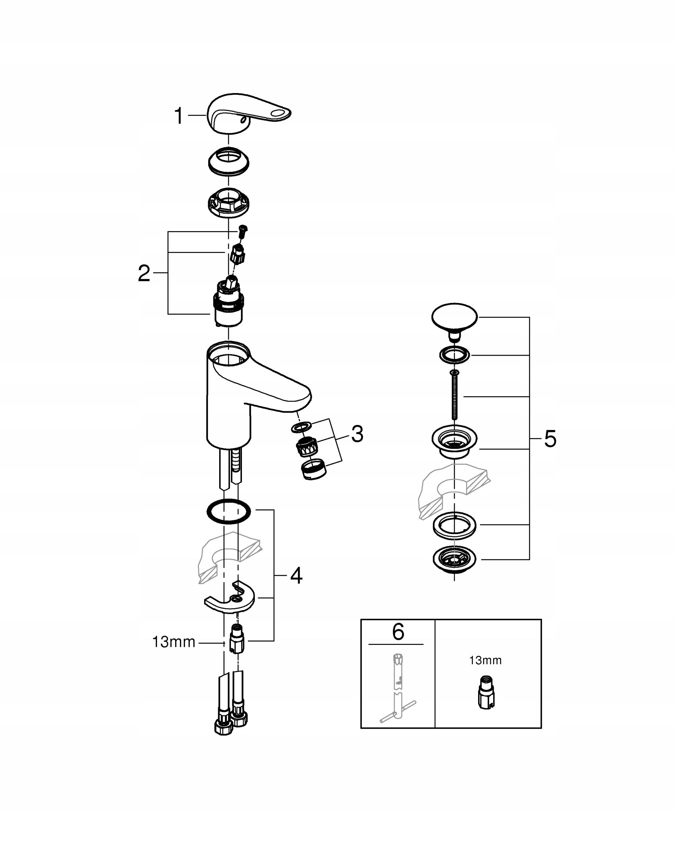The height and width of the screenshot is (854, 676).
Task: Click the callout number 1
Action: click(x=179, y=116)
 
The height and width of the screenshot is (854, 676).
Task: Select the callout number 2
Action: click(x=144, y=274)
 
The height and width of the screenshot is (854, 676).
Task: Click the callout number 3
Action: click(x=357, y=434)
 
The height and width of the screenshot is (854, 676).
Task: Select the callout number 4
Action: click(x=296, y=575)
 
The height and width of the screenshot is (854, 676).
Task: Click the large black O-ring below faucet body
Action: click(x=229, y=512)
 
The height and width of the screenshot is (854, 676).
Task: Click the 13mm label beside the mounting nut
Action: click(x=174, y=642)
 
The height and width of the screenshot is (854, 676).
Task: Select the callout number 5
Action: click(x=550, y=439)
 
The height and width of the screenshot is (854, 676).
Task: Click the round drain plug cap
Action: click(x=454, y=317)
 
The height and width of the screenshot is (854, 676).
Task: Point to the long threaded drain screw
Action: click(x=454, y=396)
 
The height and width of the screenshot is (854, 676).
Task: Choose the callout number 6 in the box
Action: click(x=398, y=632)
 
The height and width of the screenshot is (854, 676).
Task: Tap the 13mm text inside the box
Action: click(x=485, y=661)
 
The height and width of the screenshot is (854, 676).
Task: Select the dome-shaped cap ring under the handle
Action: click(x=229, y=161)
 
